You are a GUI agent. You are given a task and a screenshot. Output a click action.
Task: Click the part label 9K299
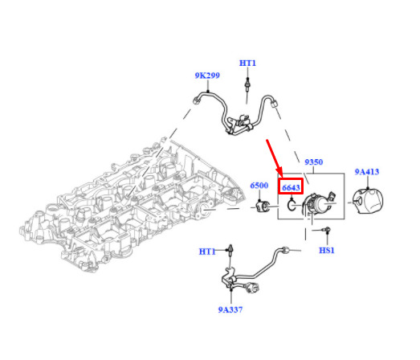coord(207,76)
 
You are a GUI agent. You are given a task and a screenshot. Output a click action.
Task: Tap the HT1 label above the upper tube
coord(247,63)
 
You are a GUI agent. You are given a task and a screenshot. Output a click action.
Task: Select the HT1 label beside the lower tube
coord(207,252)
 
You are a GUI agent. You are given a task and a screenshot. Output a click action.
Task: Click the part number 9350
coord(314,162)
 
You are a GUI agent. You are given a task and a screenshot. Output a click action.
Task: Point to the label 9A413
coord(367,172)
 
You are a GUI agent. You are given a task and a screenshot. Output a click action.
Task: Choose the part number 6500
coord(259,186)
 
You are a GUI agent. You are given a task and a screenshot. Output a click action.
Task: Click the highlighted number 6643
coord(291,187)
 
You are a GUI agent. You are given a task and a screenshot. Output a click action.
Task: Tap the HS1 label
coord(327,251)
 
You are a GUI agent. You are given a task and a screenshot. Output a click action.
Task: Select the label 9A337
coord(230,309)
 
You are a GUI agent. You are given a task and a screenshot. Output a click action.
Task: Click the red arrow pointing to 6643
coord(275,158)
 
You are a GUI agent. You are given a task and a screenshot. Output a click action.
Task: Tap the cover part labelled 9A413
coord(368,202)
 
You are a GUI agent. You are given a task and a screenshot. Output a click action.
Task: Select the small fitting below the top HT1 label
coord(247,84)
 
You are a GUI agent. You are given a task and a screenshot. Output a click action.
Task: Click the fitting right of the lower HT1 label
coord(230,249)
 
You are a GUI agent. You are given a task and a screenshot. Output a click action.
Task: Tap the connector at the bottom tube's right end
coord(285,250)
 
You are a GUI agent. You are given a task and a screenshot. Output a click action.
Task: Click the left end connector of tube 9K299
coord(196,100)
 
